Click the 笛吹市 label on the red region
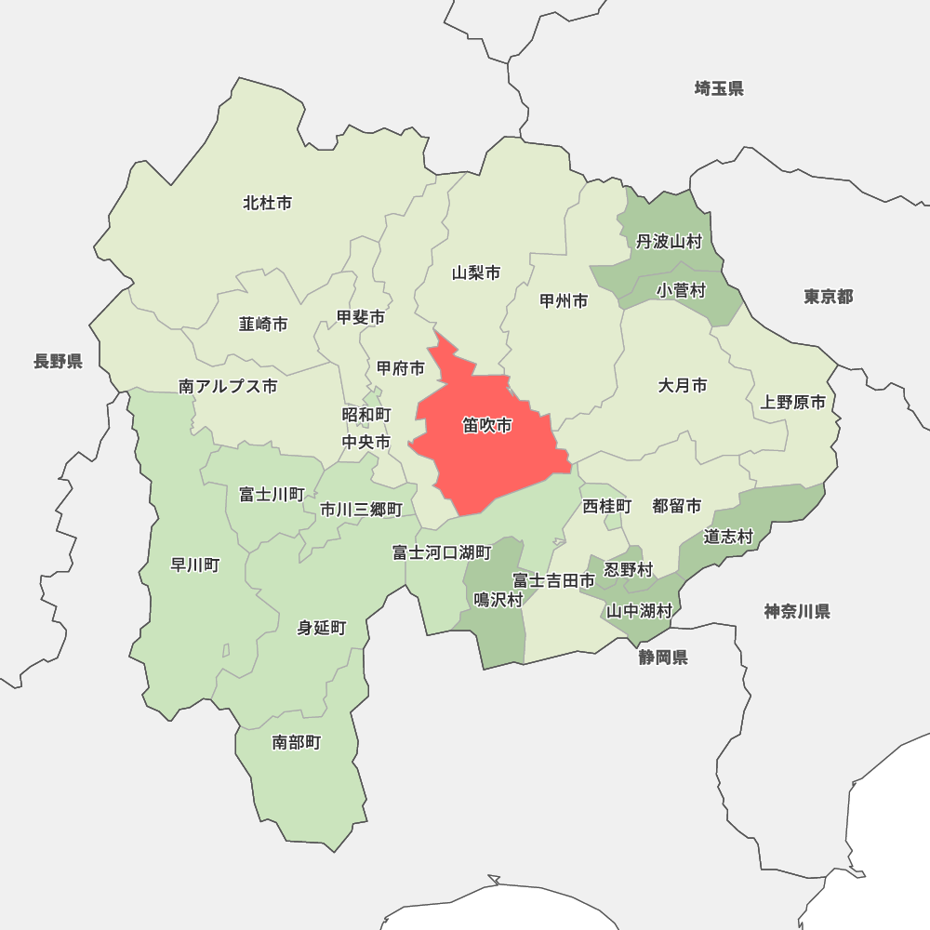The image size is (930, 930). (487, 426)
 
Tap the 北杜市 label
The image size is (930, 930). (267, 203)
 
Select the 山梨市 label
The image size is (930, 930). (476, 273)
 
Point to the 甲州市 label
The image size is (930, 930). (564, 301)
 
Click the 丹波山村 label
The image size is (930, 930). (669, 243)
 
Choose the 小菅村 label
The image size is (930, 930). (681, 291)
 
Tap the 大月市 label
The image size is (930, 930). (683, 385)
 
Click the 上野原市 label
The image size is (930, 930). (792, 403)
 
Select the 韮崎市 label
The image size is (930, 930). (263, 325)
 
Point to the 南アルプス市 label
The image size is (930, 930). (228, 386)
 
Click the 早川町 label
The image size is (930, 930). (195, 565)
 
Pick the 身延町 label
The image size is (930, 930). (322, 629)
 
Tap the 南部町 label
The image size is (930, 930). (297, 742)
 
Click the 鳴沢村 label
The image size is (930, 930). (498, 600)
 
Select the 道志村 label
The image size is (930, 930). (727, 537)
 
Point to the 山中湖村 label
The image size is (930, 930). (639, 611)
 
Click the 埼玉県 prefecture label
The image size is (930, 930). (719, 89)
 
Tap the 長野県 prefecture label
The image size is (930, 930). (58, 362)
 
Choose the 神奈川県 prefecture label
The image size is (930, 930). (797, 611)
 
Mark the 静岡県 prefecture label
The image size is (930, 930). (663, 658)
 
